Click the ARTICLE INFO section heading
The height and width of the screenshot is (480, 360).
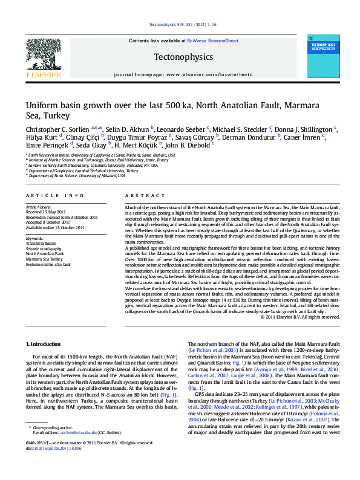(55, 196)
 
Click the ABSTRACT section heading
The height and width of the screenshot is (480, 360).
(142, 196)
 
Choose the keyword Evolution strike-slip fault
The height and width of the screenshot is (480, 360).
(48, 264)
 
